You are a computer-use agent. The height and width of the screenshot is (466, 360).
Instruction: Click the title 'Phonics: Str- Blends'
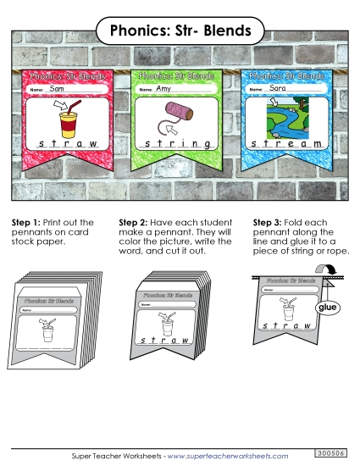click(x=180, y=31)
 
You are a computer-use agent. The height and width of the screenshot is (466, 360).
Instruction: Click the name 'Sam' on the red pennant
click(x=57, y=89)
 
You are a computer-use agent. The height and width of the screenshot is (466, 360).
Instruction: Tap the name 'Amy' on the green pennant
click(x=163, y=89)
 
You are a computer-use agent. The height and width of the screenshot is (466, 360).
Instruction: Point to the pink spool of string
click(x=179, y=112)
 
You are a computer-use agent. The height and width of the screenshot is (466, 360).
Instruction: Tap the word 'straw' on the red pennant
click(x=68, y=145)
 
